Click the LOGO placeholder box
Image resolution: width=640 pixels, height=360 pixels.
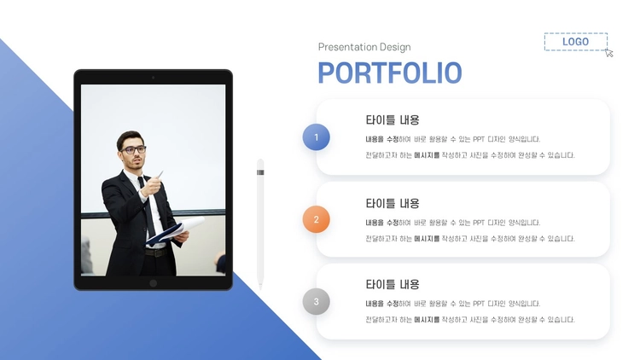point(575,42)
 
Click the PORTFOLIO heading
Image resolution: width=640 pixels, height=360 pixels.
point(390,73)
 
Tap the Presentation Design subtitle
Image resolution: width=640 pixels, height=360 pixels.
point(364,47)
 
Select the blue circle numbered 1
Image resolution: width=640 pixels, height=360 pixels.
point(317,137)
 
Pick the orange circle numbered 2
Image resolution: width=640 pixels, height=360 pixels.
point(317,219)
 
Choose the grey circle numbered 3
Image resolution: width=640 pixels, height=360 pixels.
point(317,302)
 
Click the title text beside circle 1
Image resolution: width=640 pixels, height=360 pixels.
point(393,120)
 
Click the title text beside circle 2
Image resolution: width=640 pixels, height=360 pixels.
point(393,203)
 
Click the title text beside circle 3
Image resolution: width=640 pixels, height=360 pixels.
point(393,284)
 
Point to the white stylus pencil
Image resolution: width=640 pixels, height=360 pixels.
point(260,224)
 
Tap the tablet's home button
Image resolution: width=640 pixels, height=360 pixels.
point(153,283)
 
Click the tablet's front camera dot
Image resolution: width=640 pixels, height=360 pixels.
point(153,77)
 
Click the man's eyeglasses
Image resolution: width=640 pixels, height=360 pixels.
point(133,150)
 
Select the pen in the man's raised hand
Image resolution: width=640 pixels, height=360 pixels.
point(160,174)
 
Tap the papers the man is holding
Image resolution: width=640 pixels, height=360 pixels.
point(177,230)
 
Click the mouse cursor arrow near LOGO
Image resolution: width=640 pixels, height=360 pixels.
point(609,53)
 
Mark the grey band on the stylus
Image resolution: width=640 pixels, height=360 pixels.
point(260,172)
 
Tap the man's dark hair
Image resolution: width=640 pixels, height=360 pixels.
point(128,138)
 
